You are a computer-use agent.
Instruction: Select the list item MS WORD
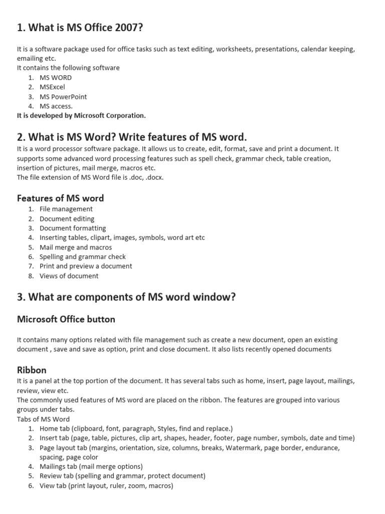(56, 77)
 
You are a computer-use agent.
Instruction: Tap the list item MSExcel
(52, 87)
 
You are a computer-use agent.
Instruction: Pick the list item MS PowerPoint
(63, 96)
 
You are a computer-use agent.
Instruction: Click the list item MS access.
(56, 106)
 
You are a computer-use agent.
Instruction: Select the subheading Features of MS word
(61, 198)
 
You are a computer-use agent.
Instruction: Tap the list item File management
(66, 209)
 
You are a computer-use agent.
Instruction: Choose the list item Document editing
(67, 219)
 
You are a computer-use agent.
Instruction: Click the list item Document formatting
(73, 228)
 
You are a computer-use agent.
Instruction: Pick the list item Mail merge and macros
(76, 247)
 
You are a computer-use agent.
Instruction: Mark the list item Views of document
(69, 276)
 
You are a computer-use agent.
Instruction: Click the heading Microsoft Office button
(66, 319)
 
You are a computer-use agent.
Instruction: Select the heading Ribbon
(32, 370)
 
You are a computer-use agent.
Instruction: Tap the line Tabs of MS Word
(44, 419)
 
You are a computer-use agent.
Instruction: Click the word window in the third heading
(215, 297)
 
